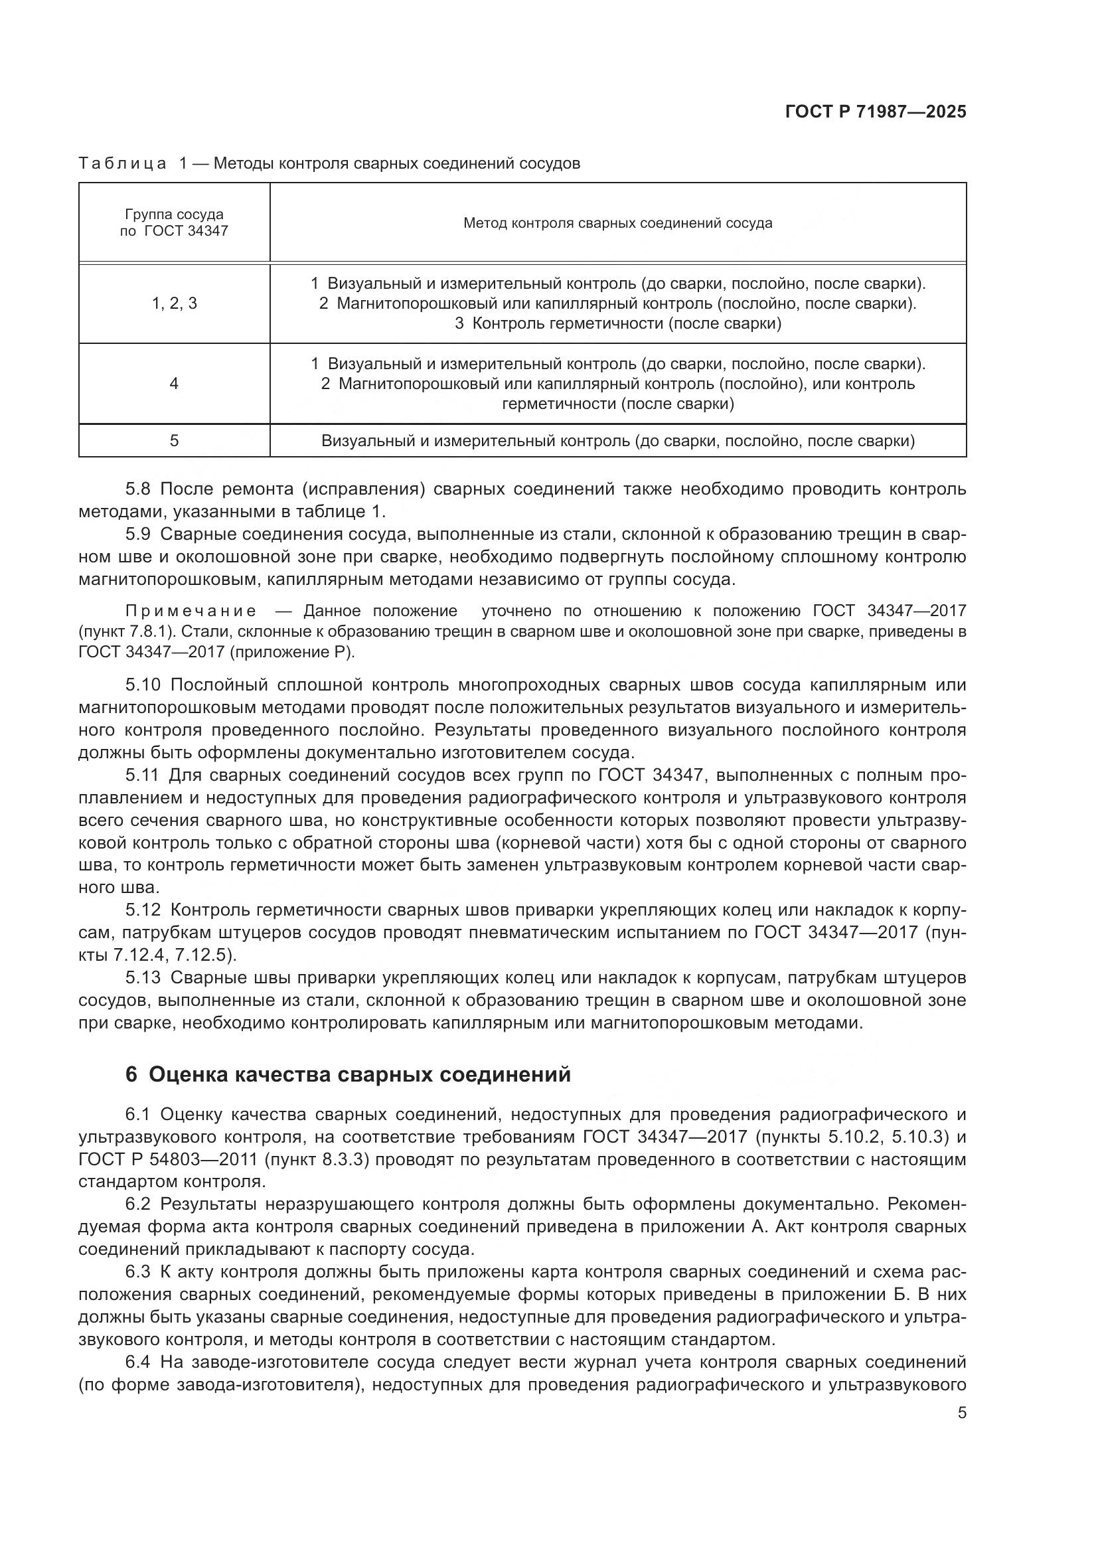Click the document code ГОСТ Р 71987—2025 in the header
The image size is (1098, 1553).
tap(876, 112)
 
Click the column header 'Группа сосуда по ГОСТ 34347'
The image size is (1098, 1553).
tap(174, 222)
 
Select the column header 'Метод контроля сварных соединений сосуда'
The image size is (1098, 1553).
tap(617, 222)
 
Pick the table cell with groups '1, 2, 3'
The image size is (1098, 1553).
tap(174, 303)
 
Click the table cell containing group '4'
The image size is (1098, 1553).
tap(174, 384)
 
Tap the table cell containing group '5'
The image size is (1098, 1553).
tap(174, 441)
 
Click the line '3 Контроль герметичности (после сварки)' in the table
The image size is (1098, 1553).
tap(617, 323)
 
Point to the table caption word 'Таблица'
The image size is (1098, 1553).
tap(122, 164)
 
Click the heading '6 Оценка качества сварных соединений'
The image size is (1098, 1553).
tap(349, 1074)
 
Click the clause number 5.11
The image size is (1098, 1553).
tap(143, 775)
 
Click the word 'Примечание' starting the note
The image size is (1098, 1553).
tap(191, 612)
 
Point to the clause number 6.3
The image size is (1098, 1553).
tap(139, 1271)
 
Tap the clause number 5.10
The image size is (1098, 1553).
tap(143, 685)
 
